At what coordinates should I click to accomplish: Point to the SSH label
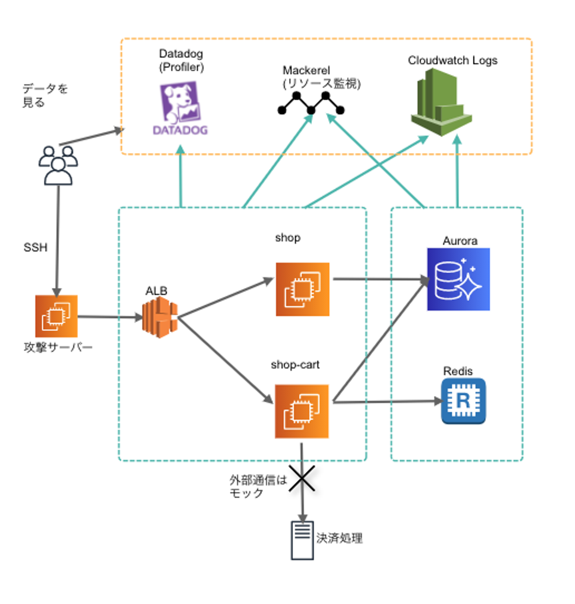(35, 248)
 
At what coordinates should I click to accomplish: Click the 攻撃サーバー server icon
(56, 316)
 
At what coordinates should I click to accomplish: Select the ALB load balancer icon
(160, 317)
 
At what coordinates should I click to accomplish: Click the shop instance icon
(302, 289)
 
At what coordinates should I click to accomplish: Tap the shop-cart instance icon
(302, 411)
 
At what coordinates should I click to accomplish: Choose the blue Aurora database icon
(458, 279)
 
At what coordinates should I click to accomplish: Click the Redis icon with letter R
(463, 401)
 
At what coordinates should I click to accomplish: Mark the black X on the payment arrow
(302, 478)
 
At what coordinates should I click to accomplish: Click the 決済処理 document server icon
(302, 540)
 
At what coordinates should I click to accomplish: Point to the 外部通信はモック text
(258, 486)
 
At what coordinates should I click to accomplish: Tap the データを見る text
(45, 95)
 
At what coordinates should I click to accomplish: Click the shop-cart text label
(295, 364)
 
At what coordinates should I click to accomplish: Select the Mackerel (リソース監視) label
(321, 77)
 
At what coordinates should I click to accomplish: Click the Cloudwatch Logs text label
(452, 60)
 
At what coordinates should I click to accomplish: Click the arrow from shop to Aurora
(379, 279)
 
